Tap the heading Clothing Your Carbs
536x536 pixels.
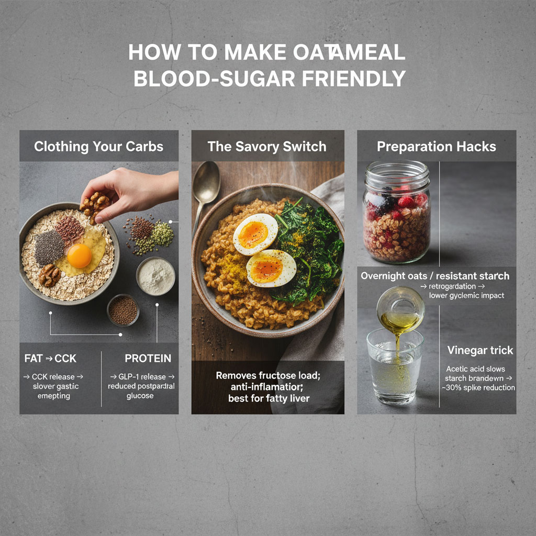pos(99,146)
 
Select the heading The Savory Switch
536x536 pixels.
pos(267,146)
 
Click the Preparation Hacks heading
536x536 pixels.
pos(437,146)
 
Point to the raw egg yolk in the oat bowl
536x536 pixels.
pos(80,255)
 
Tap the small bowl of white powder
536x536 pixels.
pos(155,275)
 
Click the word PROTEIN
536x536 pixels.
pos(148,359)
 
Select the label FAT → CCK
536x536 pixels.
pos(50,359)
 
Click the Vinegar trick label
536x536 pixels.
pos(480,350)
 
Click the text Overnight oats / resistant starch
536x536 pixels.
pos(434,276)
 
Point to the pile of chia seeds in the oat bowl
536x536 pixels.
pos(49,247)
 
